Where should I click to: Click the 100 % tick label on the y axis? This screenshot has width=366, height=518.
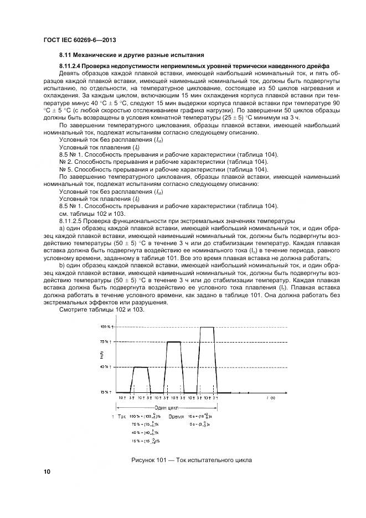[x=106, y=327]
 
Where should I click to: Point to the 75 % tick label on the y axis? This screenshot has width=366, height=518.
[x=106, y=342]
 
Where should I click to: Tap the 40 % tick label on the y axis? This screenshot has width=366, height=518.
[x=106, y=366]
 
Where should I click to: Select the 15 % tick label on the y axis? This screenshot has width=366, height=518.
[x=106, y=392]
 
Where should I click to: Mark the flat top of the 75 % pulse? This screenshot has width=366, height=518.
[x=174, y=342]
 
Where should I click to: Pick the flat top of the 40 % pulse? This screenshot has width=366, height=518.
[x=140, y=367]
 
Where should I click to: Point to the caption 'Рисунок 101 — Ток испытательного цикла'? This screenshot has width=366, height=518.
[x=192, y=460]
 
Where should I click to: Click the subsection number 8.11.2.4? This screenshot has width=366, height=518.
[x=72, y=65]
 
